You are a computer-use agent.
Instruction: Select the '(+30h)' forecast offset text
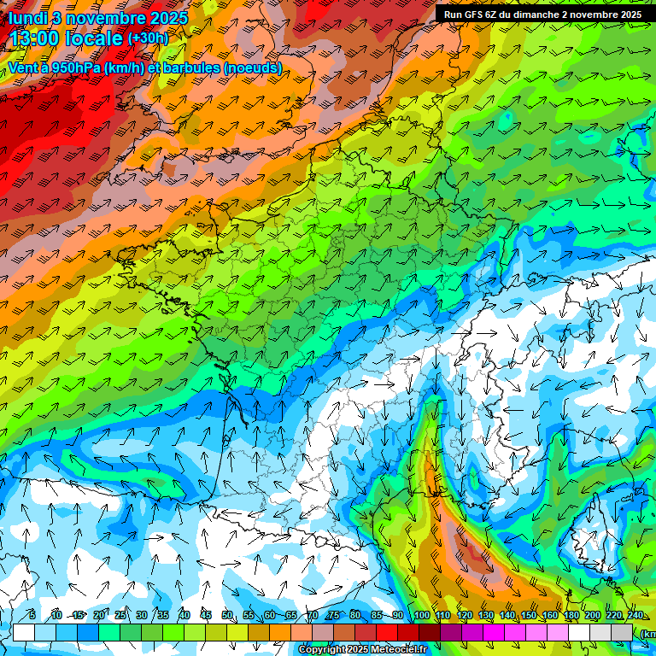pos(148,38)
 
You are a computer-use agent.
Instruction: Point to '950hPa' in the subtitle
pos(74,67)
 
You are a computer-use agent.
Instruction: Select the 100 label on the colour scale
pos(420,616)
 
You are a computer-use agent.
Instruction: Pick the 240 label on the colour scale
pos(635,616)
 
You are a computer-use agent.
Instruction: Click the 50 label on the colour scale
pos(226,616)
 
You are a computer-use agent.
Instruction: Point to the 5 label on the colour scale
pos(32,616)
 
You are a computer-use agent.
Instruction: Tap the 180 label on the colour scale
pos(571,616)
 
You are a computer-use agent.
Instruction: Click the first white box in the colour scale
pos(24,632)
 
